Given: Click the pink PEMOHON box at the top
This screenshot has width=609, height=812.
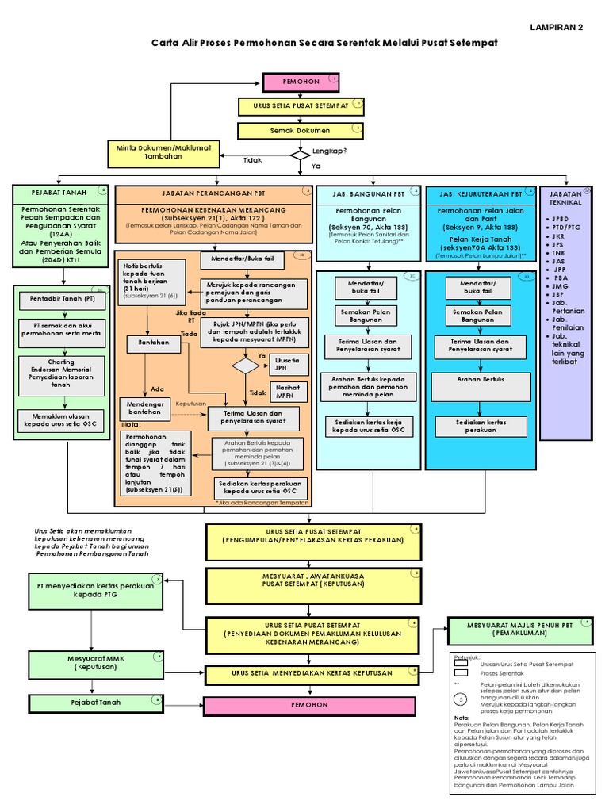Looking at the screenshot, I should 301,82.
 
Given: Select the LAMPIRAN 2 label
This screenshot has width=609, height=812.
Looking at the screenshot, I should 556,27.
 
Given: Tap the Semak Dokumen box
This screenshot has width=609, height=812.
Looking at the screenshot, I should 301,130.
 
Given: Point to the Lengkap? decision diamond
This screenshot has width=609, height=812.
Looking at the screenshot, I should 301,155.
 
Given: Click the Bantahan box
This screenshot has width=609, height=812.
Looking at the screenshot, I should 148,344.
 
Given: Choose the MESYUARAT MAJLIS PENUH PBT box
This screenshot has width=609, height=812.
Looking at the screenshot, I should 520,630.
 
